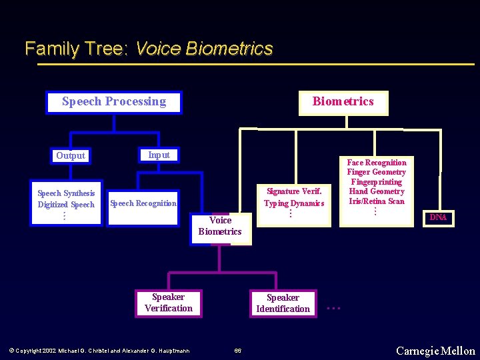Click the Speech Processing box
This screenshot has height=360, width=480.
click(x=114, y=102)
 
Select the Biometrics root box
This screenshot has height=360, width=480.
click(x=343, y=102)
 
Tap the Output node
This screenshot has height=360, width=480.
click(x=71, y=156)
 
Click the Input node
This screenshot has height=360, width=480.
click(x=159, y=155)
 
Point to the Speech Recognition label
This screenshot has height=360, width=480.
click(x=143, y=203)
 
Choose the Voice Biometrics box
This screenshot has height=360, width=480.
click(x=220, y=226)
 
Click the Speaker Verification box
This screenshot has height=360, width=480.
click(x=168, y=303)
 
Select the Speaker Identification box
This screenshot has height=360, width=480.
click(x=283, y=303)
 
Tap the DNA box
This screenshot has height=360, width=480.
click(x=438, y=218)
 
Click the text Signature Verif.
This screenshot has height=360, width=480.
click(x=294, y=191)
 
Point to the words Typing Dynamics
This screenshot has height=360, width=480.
click(x=294, y=203)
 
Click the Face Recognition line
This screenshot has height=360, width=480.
click(x=377, y=163)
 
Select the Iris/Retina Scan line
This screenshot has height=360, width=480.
click(x=377, y=201)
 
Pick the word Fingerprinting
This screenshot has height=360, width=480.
click(x=377, y=182)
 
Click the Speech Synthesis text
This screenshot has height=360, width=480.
click(x=66, y=193)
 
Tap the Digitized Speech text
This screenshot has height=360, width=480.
click(x=66, y=205)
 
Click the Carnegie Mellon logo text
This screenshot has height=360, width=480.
click(x=435, y=351)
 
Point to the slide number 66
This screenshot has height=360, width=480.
click(x=238, y=351)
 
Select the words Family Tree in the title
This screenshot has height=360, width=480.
click(x=76, y=49)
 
